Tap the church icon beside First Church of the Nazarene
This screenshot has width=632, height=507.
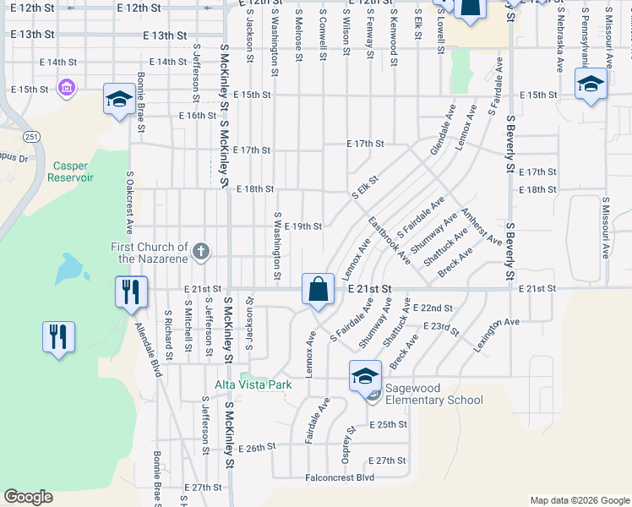pyautogui.click(x=200, y=250)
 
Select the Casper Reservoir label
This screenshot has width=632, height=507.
pyautogui.click(x=57, y=172)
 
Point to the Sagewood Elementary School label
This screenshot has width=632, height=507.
pyautogui.click(x=433, y=395)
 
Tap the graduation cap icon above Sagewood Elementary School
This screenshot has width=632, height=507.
pyautogui.click(x=366, y=376)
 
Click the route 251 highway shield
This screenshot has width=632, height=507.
pyautogui.click(x=31, y=136)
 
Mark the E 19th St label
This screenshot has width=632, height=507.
pyautogui.click(x=302, y=226)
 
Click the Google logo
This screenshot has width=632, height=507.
pyautogui.click(x=28, y=497)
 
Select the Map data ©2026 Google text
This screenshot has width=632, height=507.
pyautogui.click(x=579, y=500)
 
